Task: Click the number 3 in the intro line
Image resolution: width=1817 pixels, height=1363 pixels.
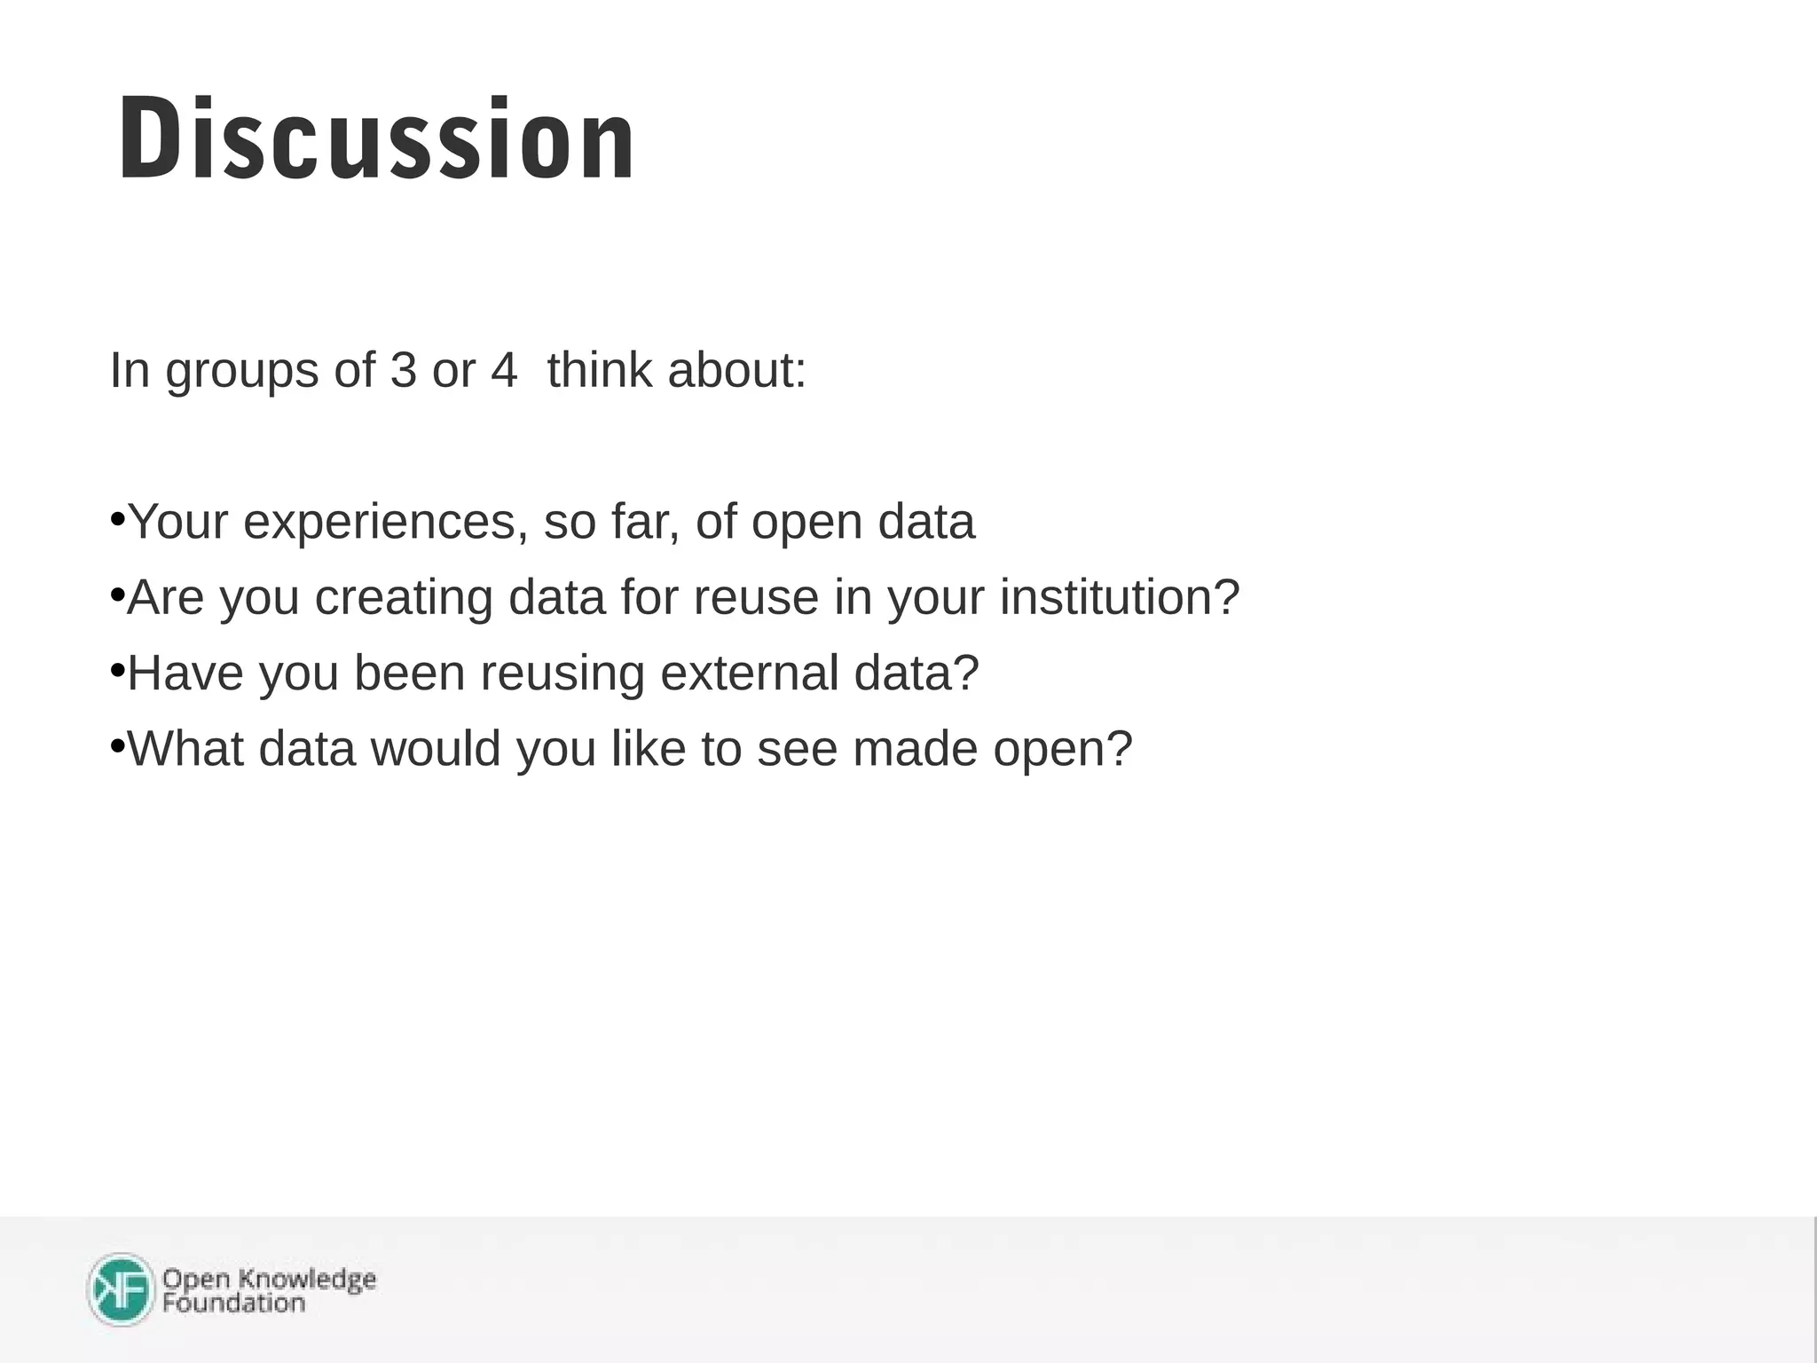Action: point(403,370)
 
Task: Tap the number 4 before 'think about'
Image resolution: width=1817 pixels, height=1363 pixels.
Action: point(503,370)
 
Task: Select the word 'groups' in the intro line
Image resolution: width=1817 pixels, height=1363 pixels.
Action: point(241,372)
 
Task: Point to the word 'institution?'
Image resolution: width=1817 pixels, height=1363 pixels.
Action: point(1119,597)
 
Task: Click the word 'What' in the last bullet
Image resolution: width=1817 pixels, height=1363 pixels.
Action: point(185,748)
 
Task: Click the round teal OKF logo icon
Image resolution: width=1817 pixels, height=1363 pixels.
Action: point(122,1289)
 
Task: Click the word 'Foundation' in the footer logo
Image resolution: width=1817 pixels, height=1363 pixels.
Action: point(233,1303)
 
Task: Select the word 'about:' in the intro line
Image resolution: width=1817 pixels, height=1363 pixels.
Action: point(736,370)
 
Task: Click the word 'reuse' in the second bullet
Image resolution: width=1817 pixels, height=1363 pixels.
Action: point(756,597)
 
